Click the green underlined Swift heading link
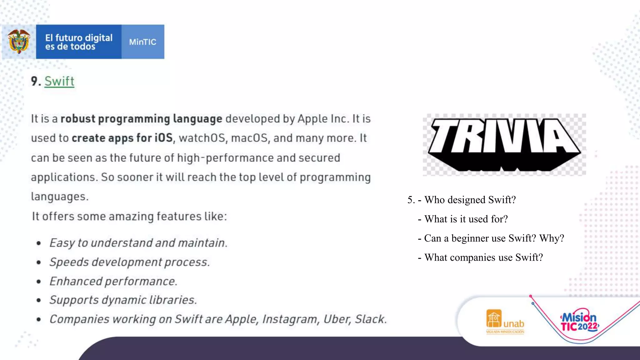click(59, 81)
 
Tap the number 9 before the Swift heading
click(34, 81)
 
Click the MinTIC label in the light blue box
click(142, 42)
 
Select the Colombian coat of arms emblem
click(19, 42)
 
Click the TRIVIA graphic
click(504, 144)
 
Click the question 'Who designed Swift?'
click(470, 200)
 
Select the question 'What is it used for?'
click(466, 219)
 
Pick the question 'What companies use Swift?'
click(483, 257)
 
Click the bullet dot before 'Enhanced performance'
click(38, 282)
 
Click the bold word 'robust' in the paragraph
click(77, 119)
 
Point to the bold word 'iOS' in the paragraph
click(164, 138)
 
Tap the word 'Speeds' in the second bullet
click(69, 262)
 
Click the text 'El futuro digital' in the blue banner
click(79, 38)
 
